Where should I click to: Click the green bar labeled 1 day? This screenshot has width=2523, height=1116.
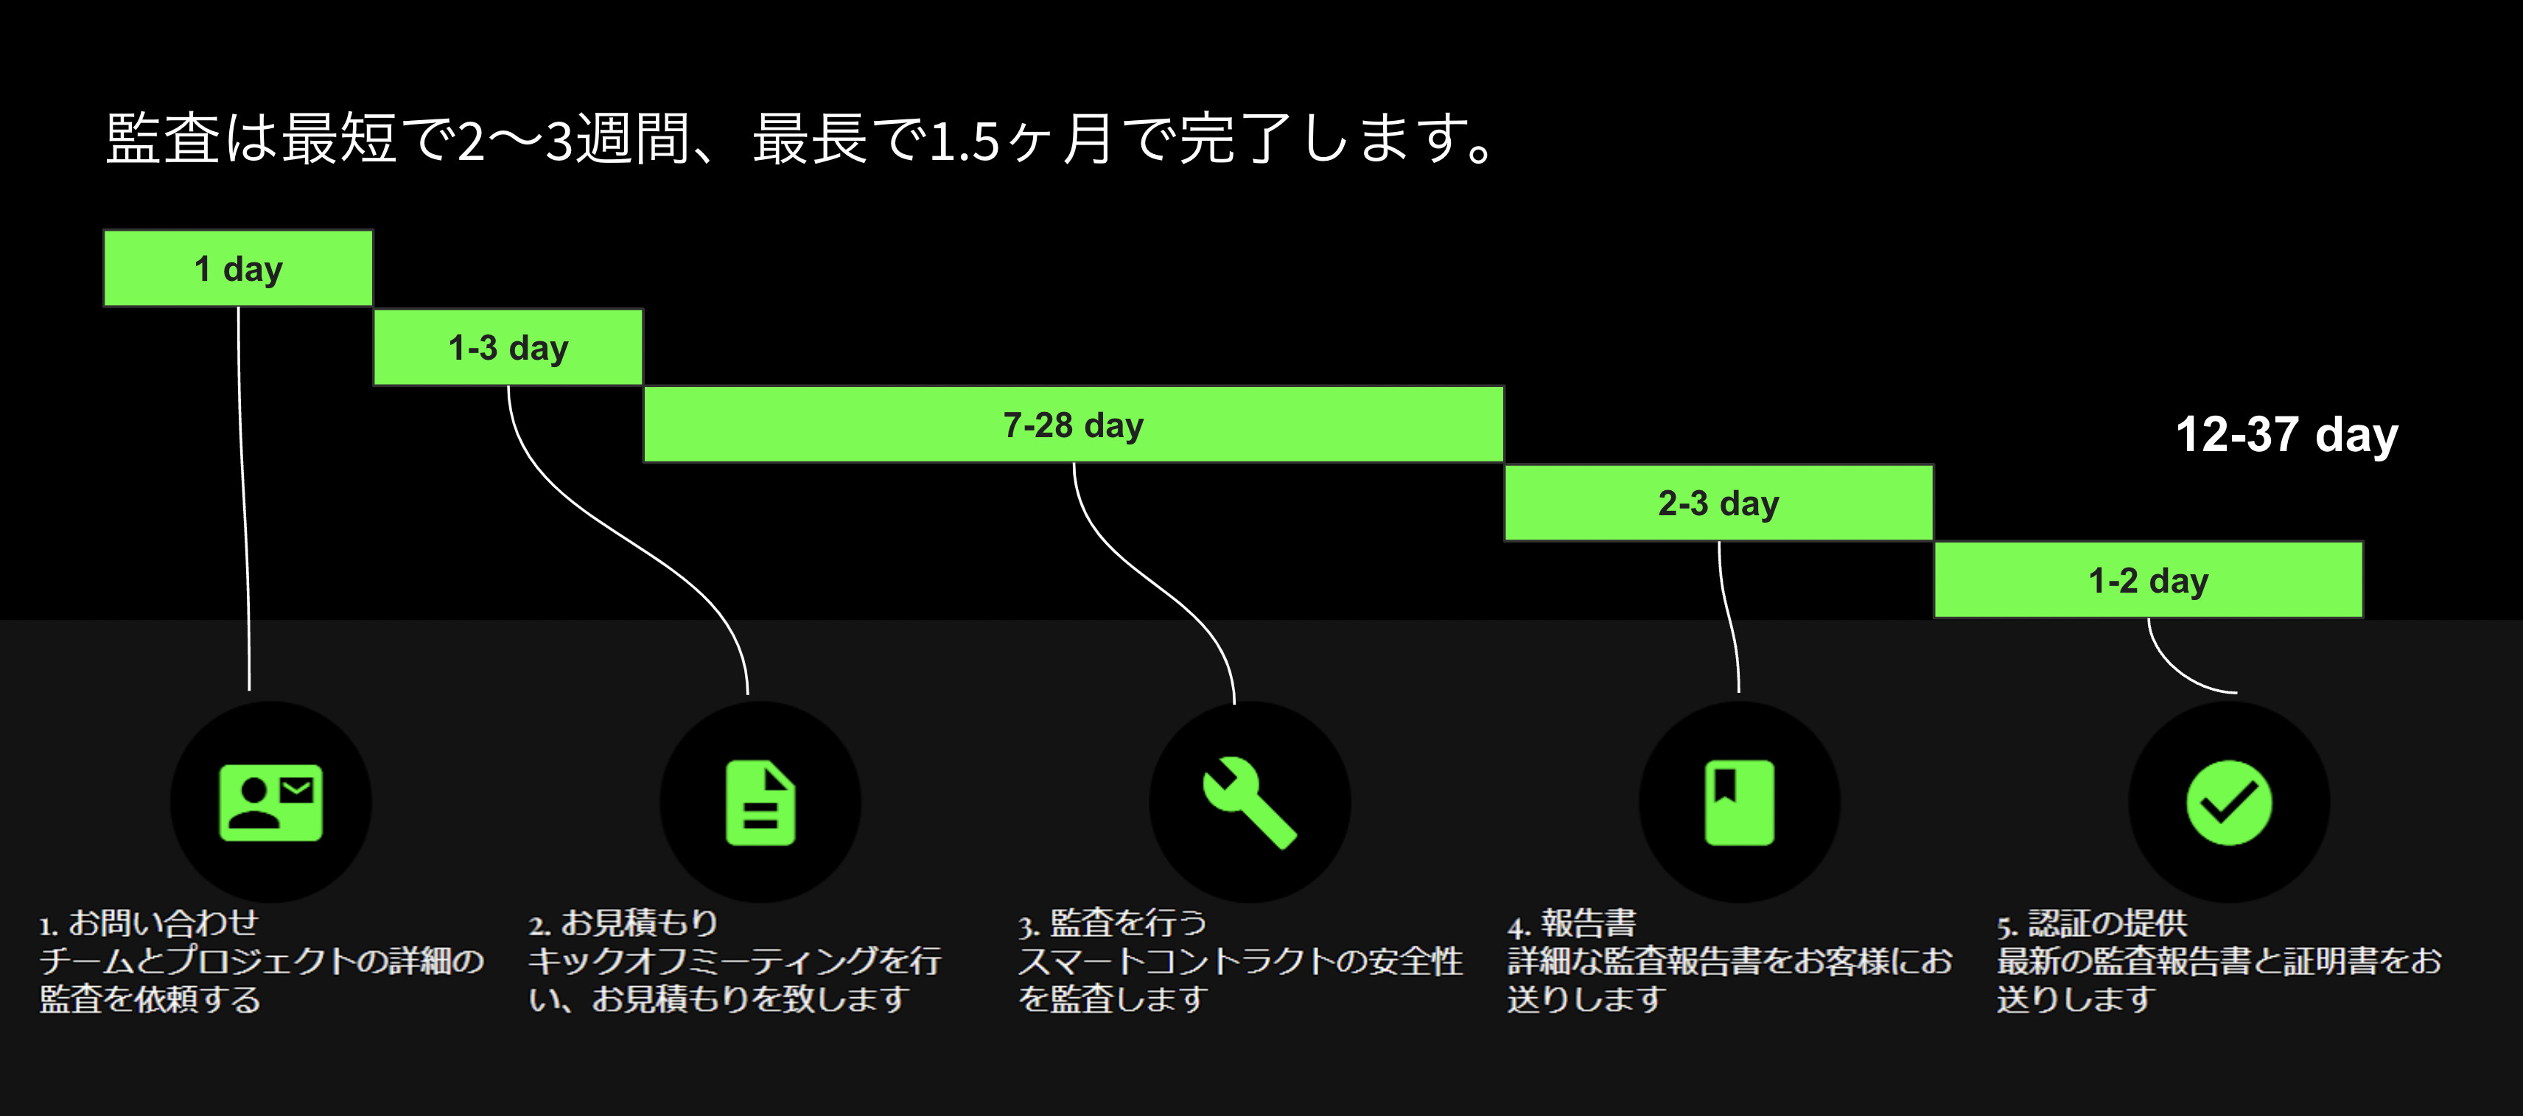pos(238,268)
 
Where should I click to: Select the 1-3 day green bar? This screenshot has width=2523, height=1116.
pos(508,348)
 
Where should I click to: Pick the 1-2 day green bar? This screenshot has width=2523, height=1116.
pos(2148,581)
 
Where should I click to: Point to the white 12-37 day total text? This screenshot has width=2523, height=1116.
pos(2286,435)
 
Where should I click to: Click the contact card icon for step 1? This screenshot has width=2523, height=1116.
pos(270,803)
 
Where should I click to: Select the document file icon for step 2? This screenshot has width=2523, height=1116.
pos(760,803)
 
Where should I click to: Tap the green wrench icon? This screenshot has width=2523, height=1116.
pos(1249,803)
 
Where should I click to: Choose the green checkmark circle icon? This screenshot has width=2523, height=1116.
pos(2228,803)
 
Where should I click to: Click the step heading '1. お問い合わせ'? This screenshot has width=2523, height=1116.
pos(149,923)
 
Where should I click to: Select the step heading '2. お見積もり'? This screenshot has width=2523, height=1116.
pos(623,923)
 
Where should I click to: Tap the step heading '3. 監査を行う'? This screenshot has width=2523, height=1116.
pos(1112,923)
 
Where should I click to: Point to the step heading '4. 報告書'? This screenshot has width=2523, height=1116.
pos(1571,923)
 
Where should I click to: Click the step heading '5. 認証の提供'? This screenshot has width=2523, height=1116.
pos(2091,923)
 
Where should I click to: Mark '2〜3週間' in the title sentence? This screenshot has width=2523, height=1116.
pos(574,139)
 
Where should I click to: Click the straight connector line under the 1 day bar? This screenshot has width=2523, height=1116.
pos(243,490)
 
